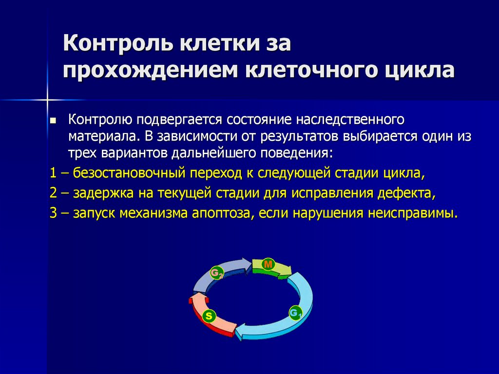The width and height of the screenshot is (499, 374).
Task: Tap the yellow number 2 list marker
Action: point(53,194)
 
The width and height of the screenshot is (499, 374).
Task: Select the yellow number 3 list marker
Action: point(53,214)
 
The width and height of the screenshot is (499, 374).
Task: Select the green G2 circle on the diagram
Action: point(215,273)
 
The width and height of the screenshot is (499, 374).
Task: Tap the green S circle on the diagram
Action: point(209,316)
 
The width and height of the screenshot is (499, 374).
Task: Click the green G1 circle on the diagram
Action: point(295,313)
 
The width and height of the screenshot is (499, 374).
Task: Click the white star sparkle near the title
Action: point(48,99)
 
